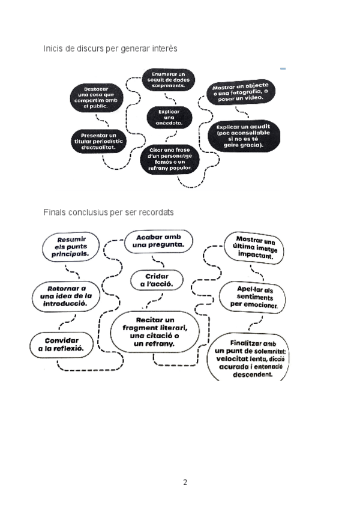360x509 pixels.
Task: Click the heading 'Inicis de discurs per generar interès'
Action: [x=110, y=47]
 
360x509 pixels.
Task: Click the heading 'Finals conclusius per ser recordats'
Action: [x=109, y=212]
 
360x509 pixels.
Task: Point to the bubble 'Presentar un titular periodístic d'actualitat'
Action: [x=97, y=142]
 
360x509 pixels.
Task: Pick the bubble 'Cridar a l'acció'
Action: [x=157, y=280]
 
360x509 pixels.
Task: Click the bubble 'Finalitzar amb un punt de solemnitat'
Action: [x=251, y=358]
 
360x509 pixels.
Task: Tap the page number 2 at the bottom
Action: [x=185, y=481]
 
